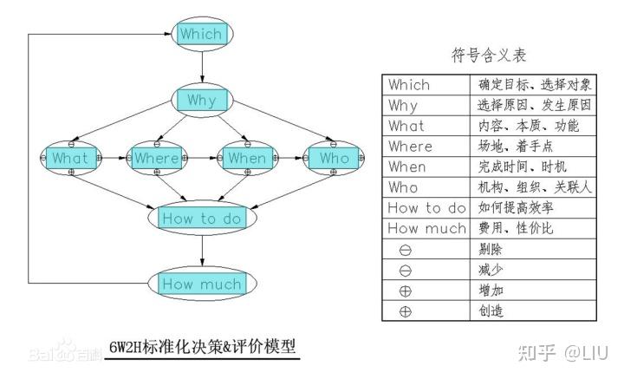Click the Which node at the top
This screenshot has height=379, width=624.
click(201, 35)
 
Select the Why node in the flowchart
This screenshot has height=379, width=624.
click(201, 101)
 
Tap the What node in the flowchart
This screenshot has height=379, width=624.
click(70, 159)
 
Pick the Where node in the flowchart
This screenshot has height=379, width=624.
click(156, 159)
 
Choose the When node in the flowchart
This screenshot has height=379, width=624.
click(246, 159)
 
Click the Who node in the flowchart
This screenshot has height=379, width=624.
click(334, 159)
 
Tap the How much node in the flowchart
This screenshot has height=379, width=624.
click(201, 284)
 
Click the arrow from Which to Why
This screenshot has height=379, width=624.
click(201, 67)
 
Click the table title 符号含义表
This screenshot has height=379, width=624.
click(489, 56)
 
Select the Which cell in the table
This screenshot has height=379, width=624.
click(427, 85)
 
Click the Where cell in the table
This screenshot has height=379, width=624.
click(427, 147)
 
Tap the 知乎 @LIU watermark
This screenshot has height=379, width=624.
click(562, 352)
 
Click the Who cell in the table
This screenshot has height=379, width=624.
click(427, 187)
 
